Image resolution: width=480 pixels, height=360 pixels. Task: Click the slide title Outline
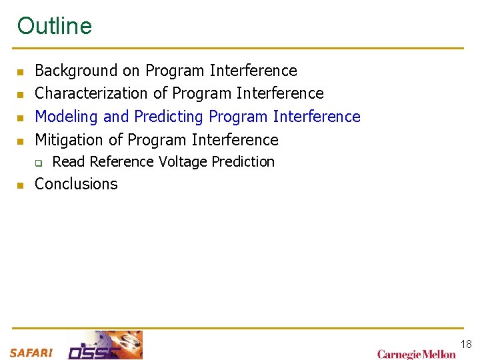coord(55,26)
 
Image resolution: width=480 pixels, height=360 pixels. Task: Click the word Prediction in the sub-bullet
coord(243,162)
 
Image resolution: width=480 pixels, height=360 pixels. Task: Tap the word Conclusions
coord(76,184)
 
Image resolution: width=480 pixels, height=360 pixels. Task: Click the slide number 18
coord(466,344)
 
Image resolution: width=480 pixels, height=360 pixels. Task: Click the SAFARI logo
coord(31,353)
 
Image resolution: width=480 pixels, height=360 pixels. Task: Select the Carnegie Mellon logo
coord(416,353)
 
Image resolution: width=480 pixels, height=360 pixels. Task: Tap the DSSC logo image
coord(105,345)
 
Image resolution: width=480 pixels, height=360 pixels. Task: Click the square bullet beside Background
coord(21,71)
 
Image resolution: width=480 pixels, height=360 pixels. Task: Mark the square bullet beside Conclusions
coord(21,185)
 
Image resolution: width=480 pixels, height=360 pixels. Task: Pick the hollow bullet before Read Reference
coord(39,163)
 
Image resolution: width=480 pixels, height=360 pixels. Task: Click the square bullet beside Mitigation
coord(21,141)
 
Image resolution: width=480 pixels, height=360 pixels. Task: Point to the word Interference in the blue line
coord(317,117)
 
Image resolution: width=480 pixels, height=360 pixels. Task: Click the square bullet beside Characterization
coord(21,94)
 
